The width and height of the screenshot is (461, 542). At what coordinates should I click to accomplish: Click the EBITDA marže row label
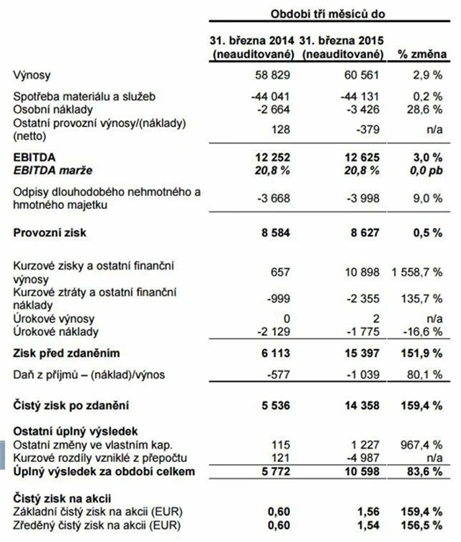click(x=52, y=169)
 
